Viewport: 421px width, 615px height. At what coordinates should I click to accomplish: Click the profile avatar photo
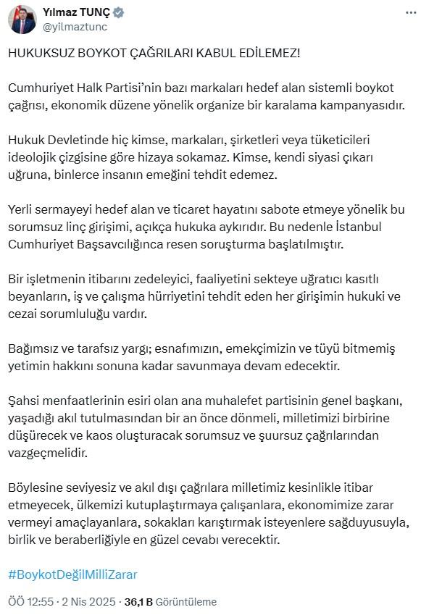(x=22, y=20)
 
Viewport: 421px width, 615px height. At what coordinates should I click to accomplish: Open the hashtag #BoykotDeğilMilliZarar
(x=72, y=574)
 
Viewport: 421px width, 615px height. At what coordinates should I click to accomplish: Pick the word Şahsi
(x=24, y=400)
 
